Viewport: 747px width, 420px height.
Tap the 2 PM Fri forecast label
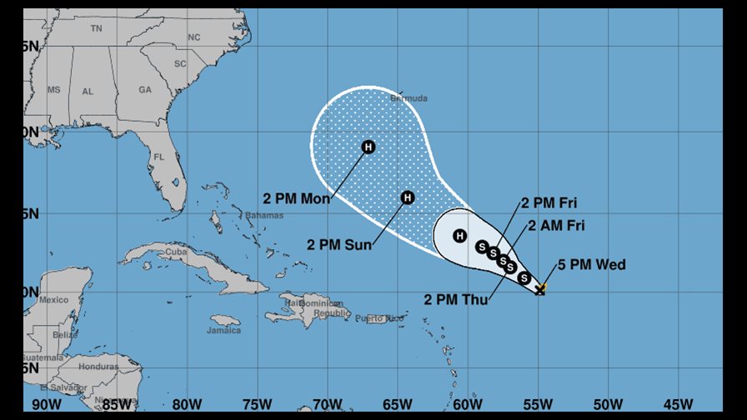[549, 202]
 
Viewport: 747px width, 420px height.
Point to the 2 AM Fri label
[557, 225]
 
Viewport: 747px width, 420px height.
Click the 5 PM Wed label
[592, 266]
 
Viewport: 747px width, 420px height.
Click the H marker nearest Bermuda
[368, 147]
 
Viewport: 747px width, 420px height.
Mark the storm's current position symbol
[540, 289]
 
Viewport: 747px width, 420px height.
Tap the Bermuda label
[409, 98]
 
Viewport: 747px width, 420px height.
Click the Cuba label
[175, 252]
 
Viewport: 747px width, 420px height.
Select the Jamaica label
[224, 331]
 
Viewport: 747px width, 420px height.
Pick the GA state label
[145, 90]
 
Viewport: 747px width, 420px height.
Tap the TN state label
[97, 28]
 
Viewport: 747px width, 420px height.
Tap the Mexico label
[53, 300]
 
